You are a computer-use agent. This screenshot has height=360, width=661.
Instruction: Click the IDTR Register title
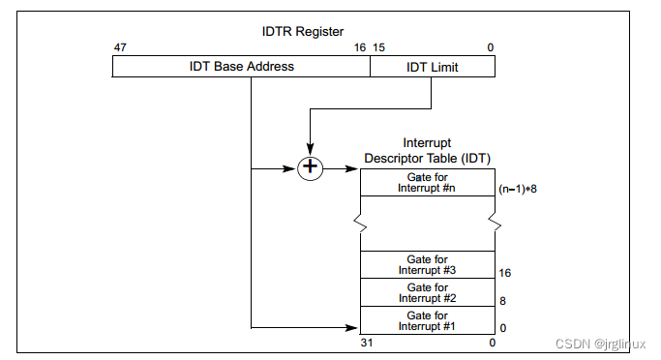coord(302,32)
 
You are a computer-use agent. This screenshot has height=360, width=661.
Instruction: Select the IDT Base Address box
coord(241,67)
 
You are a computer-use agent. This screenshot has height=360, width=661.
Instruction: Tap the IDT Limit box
coord(432,67)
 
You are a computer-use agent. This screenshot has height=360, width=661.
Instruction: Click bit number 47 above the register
coord(119,48)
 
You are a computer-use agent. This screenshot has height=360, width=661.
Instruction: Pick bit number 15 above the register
coord(379,48)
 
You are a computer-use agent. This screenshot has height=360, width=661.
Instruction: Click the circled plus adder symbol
coord(310,168)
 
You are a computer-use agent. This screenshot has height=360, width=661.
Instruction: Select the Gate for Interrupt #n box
coord(428,182)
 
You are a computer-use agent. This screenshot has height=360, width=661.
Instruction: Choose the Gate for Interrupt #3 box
coord(428,265)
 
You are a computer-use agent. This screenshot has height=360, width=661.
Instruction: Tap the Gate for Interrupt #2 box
coord(428,292)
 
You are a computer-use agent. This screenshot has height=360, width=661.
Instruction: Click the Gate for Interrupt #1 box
coord(428,320)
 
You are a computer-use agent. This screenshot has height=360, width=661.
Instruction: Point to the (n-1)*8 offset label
coord(517,189)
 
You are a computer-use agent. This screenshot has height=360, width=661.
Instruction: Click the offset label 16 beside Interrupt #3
coord(504,274)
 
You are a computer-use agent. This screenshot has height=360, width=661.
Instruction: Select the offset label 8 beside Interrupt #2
coord(503,301)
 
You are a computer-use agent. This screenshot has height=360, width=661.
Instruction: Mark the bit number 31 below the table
coord(367,343)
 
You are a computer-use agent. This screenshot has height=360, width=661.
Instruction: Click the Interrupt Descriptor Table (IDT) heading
coord(428,151)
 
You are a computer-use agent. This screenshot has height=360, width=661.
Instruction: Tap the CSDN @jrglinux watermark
coord(599,344)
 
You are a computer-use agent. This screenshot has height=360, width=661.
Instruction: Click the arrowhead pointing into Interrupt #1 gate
coord(354,328)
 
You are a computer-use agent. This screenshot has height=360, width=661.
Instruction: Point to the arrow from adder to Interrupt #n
coord(342,168)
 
